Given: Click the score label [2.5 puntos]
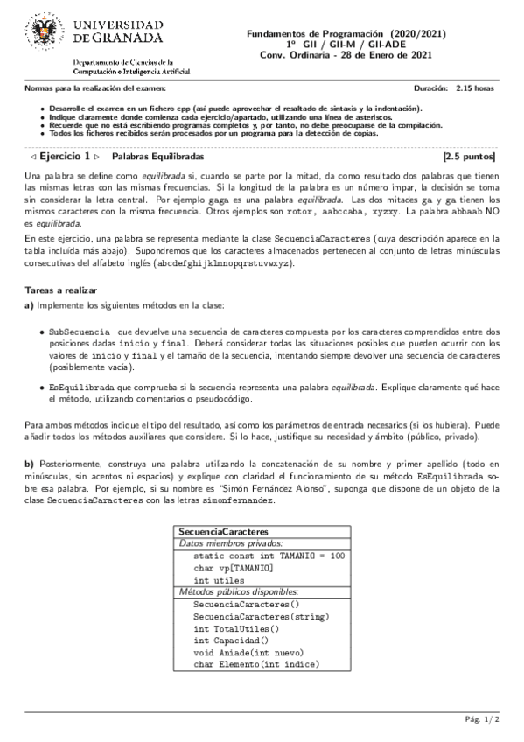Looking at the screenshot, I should point(470,157).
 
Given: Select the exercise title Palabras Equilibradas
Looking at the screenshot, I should point(158,157).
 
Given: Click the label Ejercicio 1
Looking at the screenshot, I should point(66,157).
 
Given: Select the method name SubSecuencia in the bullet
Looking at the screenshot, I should point(80,332).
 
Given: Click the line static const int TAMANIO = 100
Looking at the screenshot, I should point(269,556).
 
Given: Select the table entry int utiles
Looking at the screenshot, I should point(213,580).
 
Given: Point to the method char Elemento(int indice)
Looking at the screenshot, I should point(256,664).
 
